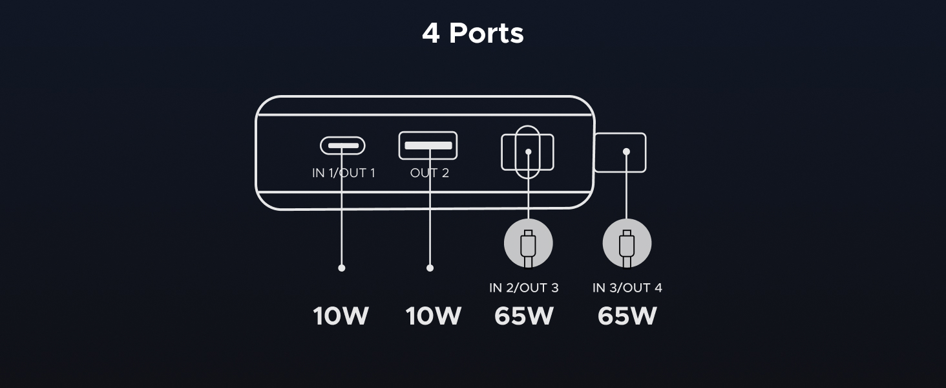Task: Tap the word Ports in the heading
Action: pos(486,33)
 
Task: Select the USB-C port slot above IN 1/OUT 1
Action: pos(342,145)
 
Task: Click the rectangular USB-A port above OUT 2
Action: pos(428,145)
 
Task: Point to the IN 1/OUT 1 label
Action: pos(343,173)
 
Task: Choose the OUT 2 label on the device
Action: pos(429,173)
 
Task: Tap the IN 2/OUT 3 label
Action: pos(523,288)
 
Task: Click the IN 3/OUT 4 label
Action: pos(627,288)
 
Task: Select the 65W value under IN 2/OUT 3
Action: pos(523,316)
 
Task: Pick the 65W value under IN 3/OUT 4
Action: pos(627,316)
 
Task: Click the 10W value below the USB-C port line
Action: pos(341,316)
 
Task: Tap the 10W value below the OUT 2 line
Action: pos(433,316)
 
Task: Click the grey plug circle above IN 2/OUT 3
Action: pos(529,244)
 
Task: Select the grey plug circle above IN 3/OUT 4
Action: pos(627,244)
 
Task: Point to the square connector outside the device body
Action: pos(620,153)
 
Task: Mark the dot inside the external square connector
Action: pos(626,152)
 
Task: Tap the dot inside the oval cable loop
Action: pos(528,153)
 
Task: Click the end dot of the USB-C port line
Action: pos(342,268)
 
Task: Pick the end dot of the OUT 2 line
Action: pos(430,268)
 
